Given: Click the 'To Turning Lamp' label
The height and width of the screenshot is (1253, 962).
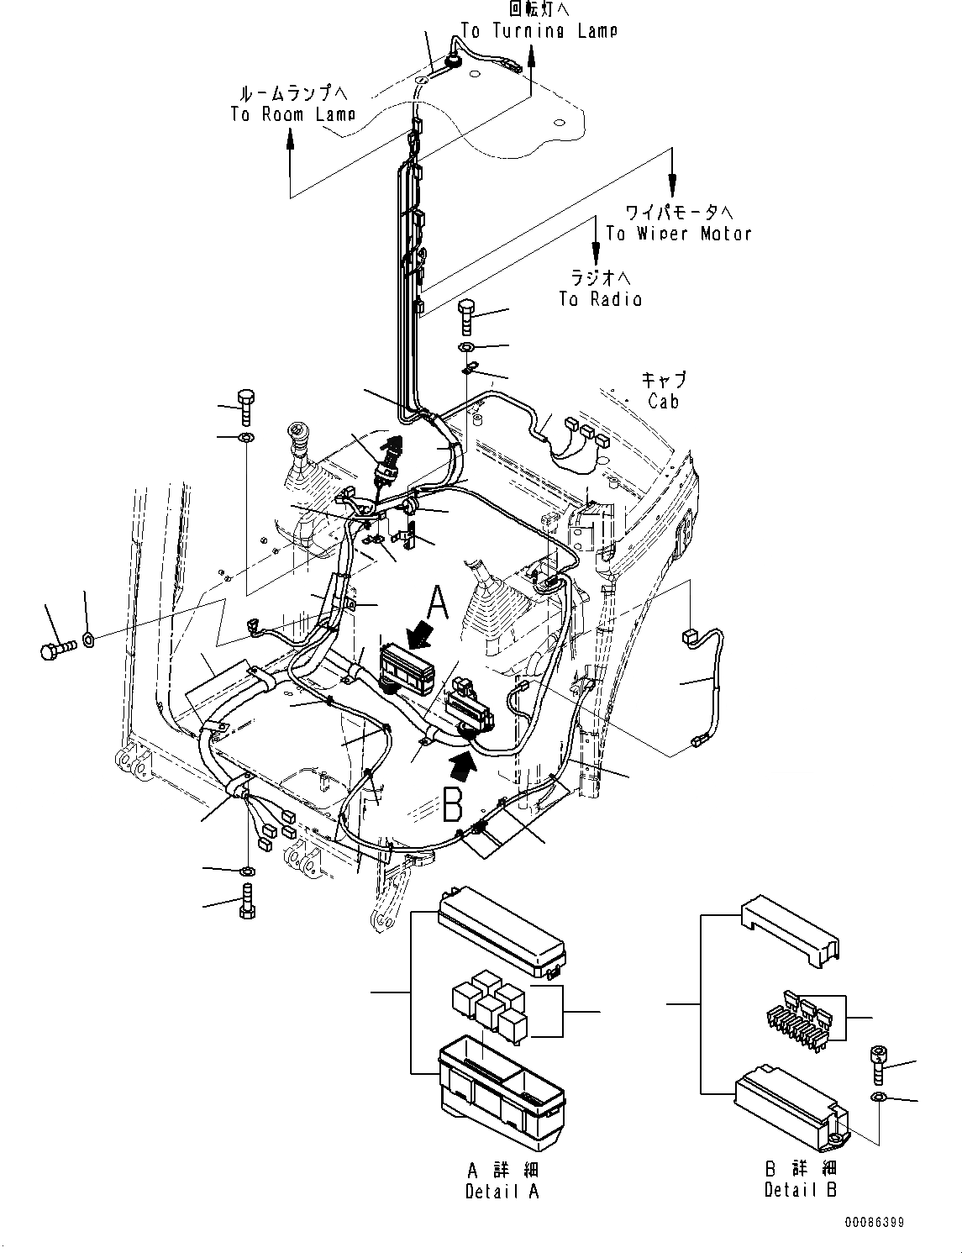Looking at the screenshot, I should click(x=539, y=30).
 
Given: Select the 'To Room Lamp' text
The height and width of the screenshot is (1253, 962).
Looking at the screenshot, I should click(x=292, y=113).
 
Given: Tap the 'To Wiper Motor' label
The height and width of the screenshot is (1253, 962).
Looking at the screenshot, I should click(x=679, y=233).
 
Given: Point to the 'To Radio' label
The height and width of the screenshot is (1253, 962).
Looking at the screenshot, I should click(x=600, y=298).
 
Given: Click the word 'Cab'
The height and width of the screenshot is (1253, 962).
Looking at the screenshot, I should click(x=663, y=401).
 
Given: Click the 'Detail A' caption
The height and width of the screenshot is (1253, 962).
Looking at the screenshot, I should click(x=502, y=1190).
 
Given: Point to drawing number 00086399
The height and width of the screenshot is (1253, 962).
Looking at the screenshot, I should click(x=875, y=1222).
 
